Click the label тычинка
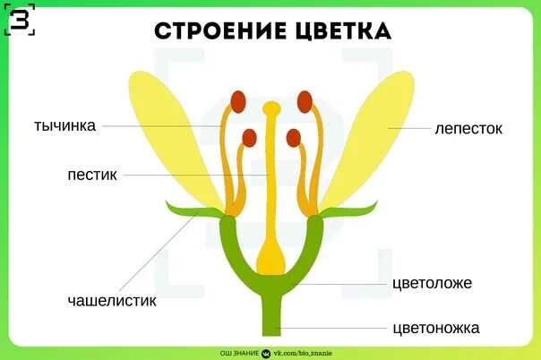tap(64, 125)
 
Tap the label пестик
tap(91, 174)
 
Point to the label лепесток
tap(468, 129)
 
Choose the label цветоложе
tap(432, 283)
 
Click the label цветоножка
tap(436, 327)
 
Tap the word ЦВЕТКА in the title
tap(339, 31)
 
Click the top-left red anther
tap(238, 100)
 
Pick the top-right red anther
tap(305, 100)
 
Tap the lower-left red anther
tap(249, 138)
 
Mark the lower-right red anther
tap(293, 138)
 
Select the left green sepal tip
tap(176, 210)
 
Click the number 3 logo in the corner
tap(20, 19)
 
